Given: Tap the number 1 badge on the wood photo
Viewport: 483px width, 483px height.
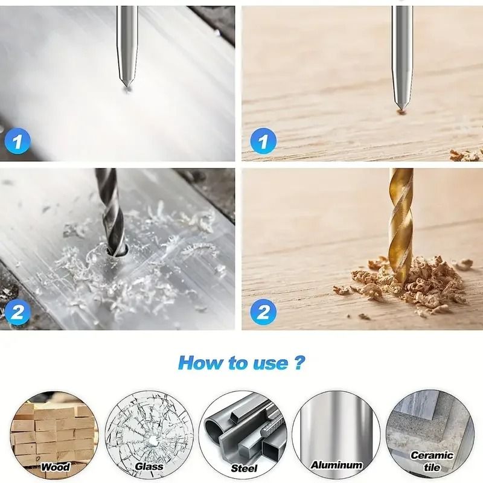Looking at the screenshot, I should (263, 142).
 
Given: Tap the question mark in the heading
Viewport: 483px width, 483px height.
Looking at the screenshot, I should (299, 363).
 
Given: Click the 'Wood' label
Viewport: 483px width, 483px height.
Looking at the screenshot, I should (56, 467).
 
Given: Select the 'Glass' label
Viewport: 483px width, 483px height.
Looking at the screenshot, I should (149, 467).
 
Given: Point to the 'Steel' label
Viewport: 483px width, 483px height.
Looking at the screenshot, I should (244, 468).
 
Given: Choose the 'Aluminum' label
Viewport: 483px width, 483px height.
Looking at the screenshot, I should (336, 465).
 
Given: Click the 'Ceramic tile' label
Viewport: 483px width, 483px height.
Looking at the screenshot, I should (432, 461).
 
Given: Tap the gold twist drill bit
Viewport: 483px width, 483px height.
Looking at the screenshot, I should (400, 223).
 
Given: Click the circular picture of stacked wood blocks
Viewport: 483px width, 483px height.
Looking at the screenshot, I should (54, 429).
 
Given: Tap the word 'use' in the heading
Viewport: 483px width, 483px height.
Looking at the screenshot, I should (269, 363).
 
